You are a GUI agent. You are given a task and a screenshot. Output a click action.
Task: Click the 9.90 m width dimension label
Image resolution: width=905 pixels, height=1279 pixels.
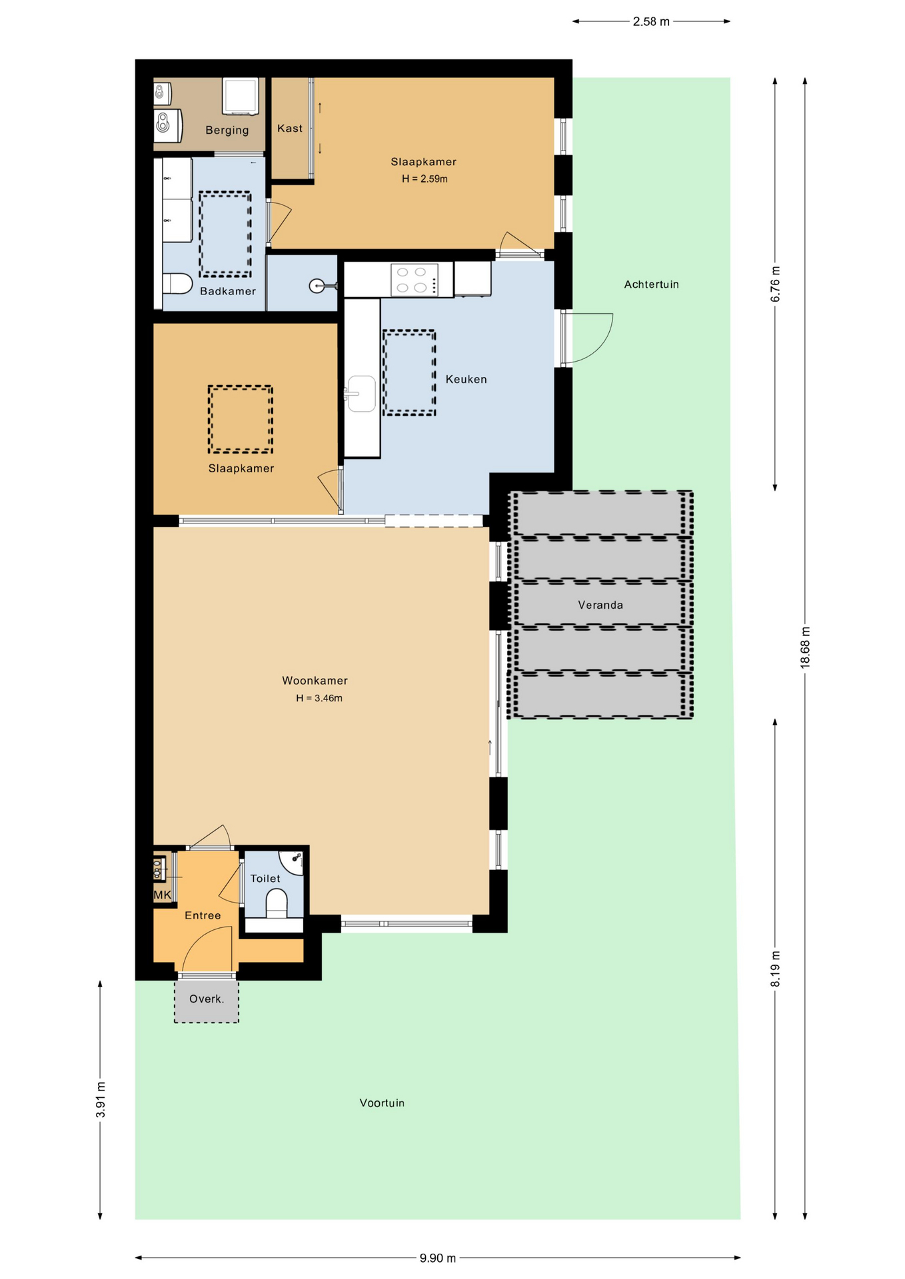pos(438,1258)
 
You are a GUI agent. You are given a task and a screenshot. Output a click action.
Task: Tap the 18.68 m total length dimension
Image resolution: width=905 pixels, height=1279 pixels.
pos(805,647)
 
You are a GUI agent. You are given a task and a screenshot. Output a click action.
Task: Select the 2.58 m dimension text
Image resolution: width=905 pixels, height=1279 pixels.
pos(651,21)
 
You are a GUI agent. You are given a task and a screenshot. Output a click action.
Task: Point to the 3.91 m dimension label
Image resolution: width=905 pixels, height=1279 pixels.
pos(101,1100)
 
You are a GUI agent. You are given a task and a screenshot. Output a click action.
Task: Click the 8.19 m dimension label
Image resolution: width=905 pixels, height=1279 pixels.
pos(775,969)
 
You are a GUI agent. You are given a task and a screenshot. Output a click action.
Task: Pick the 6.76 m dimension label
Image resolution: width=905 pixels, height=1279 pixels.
pos(775,284)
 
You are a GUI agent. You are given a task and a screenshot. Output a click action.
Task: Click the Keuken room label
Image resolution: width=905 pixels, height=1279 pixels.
pos(466,379)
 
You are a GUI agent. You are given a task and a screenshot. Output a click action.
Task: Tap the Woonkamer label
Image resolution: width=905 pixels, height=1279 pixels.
pos(315,680)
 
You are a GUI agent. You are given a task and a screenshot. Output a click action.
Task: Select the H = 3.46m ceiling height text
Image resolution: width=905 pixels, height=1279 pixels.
pos(319,698)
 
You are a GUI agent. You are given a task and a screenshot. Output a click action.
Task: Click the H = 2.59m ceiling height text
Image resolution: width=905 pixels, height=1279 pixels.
pos(425,179)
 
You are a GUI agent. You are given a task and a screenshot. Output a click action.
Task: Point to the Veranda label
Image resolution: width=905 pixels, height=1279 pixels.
pos(600,605)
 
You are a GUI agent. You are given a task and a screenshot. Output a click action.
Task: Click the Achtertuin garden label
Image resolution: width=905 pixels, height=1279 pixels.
pos(651,284)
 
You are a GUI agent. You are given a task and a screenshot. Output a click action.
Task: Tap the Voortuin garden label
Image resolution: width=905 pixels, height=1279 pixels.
pos(382,1102)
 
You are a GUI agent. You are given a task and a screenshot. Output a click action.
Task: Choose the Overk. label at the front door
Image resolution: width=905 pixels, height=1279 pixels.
pos(207,999)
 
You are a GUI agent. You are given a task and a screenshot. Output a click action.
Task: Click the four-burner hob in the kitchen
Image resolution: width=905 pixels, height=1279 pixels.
pos(414,280)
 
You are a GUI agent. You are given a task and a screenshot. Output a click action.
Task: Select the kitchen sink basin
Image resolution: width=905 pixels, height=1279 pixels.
pos(361,394)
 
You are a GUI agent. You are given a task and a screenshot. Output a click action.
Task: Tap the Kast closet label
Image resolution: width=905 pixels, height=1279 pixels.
pos(290,128)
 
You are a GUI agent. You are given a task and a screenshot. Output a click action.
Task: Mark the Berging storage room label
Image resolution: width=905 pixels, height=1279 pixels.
pos(227,130)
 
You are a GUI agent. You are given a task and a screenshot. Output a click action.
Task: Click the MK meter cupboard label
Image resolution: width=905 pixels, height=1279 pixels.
pos(163,895)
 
